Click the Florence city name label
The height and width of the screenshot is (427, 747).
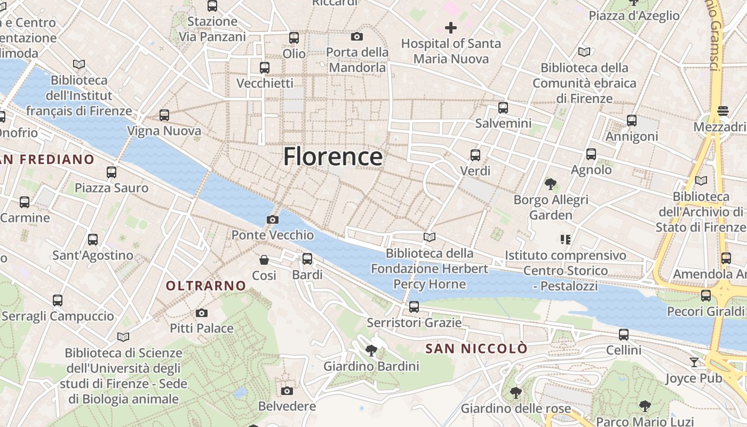332,157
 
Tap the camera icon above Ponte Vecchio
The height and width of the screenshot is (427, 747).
272,219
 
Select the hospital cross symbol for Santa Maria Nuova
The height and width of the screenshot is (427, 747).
451,27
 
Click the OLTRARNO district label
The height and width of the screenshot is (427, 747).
205,286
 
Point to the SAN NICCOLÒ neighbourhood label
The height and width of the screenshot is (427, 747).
476,349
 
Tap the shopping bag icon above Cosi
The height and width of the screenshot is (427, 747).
264,260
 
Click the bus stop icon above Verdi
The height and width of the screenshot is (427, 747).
475,155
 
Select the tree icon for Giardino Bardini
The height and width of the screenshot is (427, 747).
371,351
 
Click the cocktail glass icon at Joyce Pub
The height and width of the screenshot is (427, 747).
694,362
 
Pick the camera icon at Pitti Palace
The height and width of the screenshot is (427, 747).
201,313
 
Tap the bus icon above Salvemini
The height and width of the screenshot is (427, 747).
503,108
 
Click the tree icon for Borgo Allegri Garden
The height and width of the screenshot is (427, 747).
551,184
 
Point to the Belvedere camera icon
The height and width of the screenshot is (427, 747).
287,391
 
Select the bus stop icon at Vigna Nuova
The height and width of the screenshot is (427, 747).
164,115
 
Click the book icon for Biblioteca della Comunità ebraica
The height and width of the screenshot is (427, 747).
584,52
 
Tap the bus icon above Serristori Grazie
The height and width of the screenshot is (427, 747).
414,307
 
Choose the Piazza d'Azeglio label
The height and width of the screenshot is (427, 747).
634,16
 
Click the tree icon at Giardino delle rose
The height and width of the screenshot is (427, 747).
515,393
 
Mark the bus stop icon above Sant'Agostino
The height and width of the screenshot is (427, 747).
93,240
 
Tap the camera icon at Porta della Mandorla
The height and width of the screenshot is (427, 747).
357,36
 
